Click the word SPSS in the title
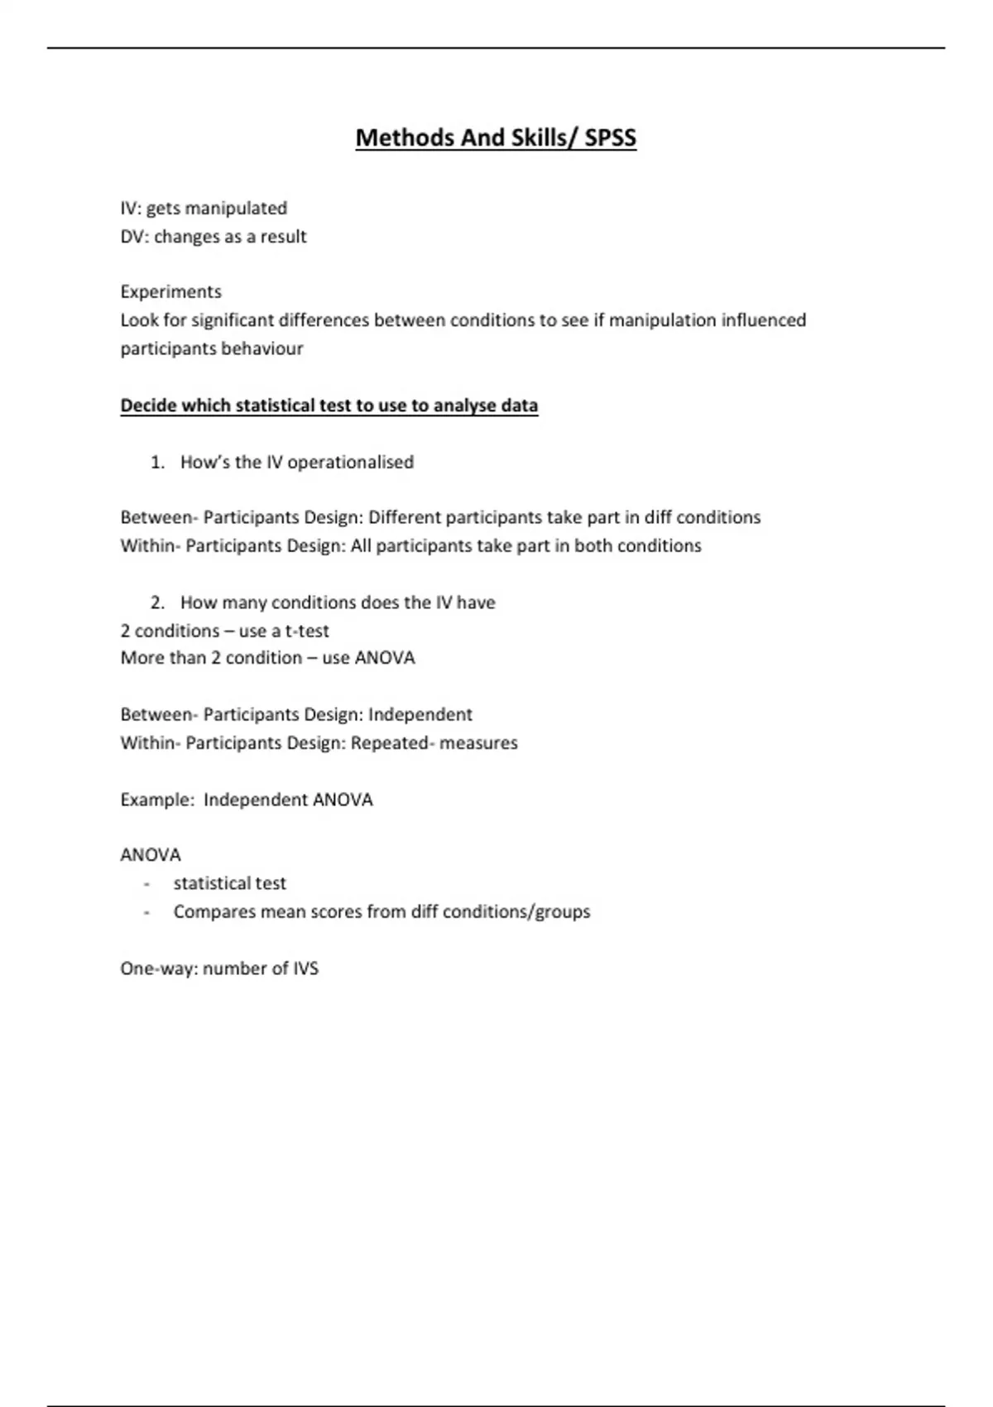pyautogui.click(x=610, y=137)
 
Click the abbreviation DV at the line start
pyautogui.click(x=132, y=237)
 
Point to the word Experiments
pyautogui.click(x=170, y=291)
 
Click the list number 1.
pyautogui.click(x=156, y=462)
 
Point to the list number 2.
pyautogui.click(x=156, y=603)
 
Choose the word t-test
pyautogui.click(x=307, y=631)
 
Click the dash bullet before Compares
pyautogui.click(x=146, y=912)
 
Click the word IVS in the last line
pyautogui.click(x=305, y=968)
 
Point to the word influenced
pyautogui.click(x=763, y=320)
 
